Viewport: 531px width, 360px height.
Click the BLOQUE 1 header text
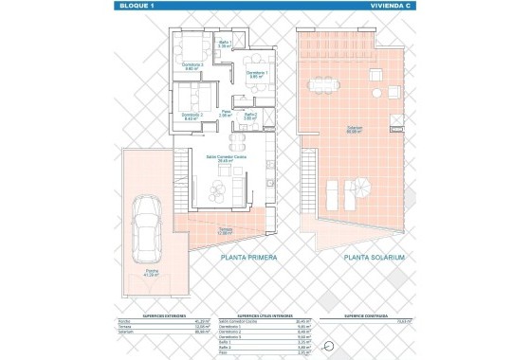(x=135, y=6)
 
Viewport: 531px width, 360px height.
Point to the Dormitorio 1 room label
(x=257, y=73)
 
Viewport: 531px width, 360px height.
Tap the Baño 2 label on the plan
(x=250, y=116)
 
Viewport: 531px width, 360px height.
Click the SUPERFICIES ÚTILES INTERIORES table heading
(x=265, y=316)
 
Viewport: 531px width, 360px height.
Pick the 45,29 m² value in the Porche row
(x=198, y=322)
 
